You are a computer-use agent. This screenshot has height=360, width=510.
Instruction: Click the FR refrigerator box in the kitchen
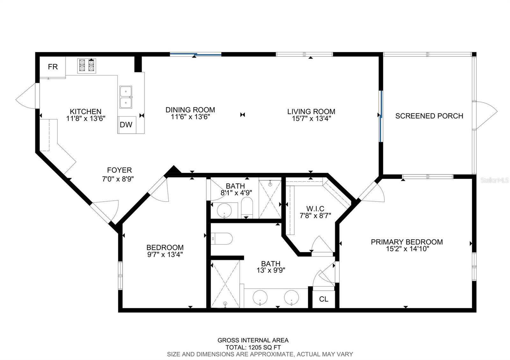coord(53,67)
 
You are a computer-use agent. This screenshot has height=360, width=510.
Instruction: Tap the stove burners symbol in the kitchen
coord(87,66)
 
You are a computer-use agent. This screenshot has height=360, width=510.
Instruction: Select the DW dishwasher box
coord(126,125)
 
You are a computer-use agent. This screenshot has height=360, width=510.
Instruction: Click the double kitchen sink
coord(126,97)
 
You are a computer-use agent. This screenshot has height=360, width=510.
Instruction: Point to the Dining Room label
coord(190,110)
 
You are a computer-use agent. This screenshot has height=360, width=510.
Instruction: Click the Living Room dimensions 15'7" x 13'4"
coord(311,119)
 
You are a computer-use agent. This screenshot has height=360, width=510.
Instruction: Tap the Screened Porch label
coord(429,116)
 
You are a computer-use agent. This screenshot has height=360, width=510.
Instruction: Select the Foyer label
coord(119,170)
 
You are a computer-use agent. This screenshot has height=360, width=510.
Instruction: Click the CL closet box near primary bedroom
coord(324,299)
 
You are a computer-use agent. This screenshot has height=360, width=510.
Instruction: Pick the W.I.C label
coord(315,209)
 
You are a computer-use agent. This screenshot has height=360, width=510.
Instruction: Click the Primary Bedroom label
coord(407,242)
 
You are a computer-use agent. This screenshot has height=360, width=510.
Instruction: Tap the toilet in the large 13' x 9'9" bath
coord(222,239)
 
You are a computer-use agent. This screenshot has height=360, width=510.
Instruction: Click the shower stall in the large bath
coord(225,284)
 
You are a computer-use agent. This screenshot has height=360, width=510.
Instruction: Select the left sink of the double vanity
coord(260,298)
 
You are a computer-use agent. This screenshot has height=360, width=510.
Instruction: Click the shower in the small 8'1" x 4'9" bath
coord(270,199)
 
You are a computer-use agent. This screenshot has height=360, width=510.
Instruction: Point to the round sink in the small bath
coord(224,210)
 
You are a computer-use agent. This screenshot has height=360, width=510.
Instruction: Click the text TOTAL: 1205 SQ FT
coord(253,347)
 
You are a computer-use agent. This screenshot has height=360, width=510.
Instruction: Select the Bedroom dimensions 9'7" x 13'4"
coord(165,255)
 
